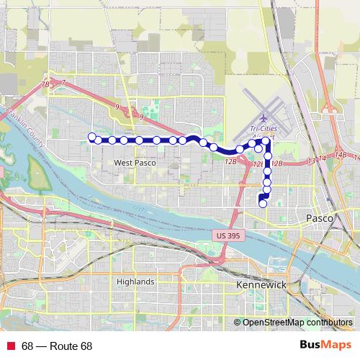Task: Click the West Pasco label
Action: coord(135,163)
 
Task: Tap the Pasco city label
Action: coord(319,217)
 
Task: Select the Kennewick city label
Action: coord(261,286)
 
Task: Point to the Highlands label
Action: coord(135,282)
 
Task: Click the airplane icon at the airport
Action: coord(263,116)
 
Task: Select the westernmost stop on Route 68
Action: coord(91,136)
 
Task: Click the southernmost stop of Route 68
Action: coord(263,204)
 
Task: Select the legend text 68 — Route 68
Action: coord(57,346)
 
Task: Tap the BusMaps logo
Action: coord(325,346)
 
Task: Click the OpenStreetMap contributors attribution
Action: coord(297,323)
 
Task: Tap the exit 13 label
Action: coord(311,160)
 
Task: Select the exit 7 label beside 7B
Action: coord(63,83)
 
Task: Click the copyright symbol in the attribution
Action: coord(238,323)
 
